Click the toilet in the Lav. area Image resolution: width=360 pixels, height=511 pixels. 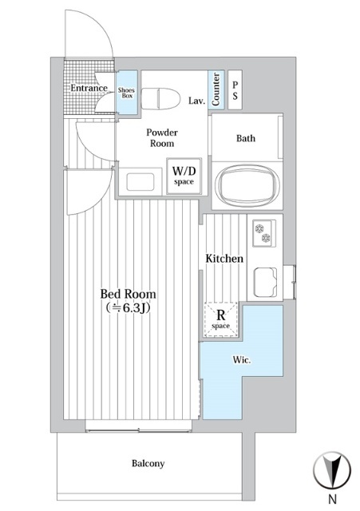tap(161, 98)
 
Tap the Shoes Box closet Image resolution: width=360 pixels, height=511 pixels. tap(127, 93)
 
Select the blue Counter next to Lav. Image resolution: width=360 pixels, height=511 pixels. tap(216, 89)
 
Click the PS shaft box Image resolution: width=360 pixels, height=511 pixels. tap(235, 89)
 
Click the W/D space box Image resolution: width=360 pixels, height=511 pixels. tap(184, 176)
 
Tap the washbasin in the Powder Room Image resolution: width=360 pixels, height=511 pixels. tap(140, 182)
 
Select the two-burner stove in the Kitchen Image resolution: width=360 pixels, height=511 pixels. tap(264, 233)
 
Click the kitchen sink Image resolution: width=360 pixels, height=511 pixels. tap(265, 282)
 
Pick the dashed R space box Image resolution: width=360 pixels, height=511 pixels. tap(221, 319)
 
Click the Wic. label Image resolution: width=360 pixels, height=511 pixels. tap(242, 360)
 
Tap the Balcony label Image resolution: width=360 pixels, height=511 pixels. tap(148, 463)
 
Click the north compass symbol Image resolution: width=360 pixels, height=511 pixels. tap(332, 470)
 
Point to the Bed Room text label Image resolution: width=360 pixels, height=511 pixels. tap(128, 294)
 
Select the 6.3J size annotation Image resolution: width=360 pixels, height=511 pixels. tap(129, 308)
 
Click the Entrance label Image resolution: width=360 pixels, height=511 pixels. tap(89, 88)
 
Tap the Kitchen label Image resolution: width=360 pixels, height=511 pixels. tap(224, 259)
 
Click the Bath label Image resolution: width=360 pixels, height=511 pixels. tap(246, 138)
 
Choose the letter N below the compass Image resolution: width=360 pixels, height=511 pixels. tap(332, 499)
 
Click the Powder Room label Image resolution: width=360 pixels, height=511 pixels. tap(162, 138)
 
